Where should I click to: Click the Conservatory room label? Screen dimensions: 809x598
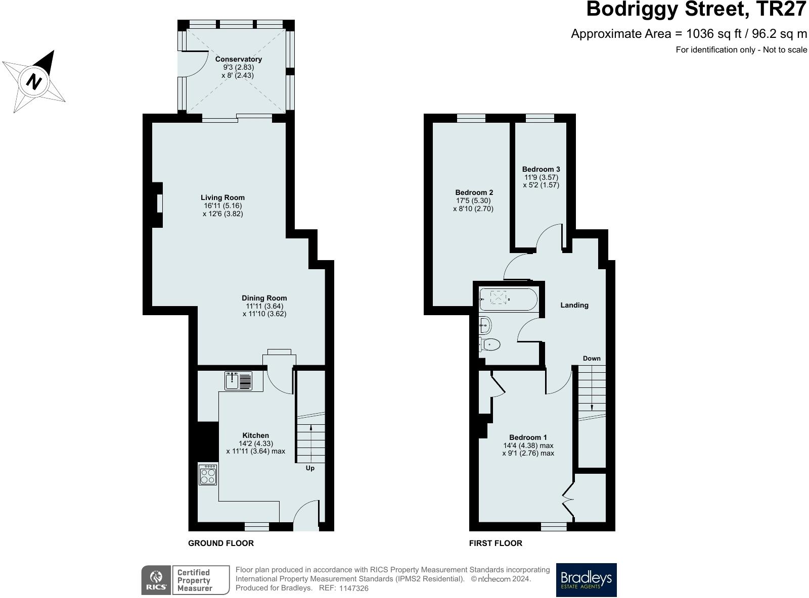click(x=239, y=59)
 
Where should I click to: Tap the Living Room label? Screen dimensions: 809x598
click(x=222, y=197)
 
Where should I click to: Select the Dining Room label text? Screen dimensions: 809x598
click(x=264, y=298)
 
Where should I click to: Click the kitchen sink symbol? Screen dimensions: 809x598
click(x=238, y=381)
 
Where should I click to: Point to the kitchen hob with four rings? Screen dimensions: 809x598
click(x=208, y=475)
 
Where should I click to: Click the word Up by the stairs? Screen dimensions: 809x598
click(x=310, y=468)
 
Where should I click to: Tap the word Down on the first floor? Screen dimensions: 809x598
click(x=592, y=358)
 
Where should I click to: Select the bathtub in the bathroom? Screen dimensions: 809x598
click(x=509, y=300)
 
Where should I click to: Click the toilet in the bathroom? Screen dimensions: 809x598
click(x=489, y=344)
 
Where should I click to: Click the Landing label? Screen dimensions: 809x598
click(x=574, y=306)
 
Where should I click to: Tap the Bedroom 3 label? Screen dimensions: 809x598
click(x=541, y=169)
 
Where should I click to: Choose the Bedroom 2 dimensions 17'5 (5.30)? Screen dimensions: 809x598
click(x=473, y=201)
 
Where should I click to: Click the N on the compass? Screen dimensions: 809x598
click(x=34, y=81)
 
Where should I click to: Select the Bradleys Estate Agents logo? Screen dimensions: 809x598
click(x=586, y=580)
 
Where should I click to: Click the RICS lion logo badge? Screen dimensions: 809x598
click(x=156, y=580)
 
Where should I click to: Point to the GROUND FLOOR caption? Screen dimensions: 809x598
click(x=220, y=543)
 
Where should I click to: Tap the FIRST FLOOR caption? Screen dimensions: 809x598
click(x=496, y=543)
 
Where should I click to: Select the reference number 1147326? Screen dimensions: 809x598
click(x=354, y=588)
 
